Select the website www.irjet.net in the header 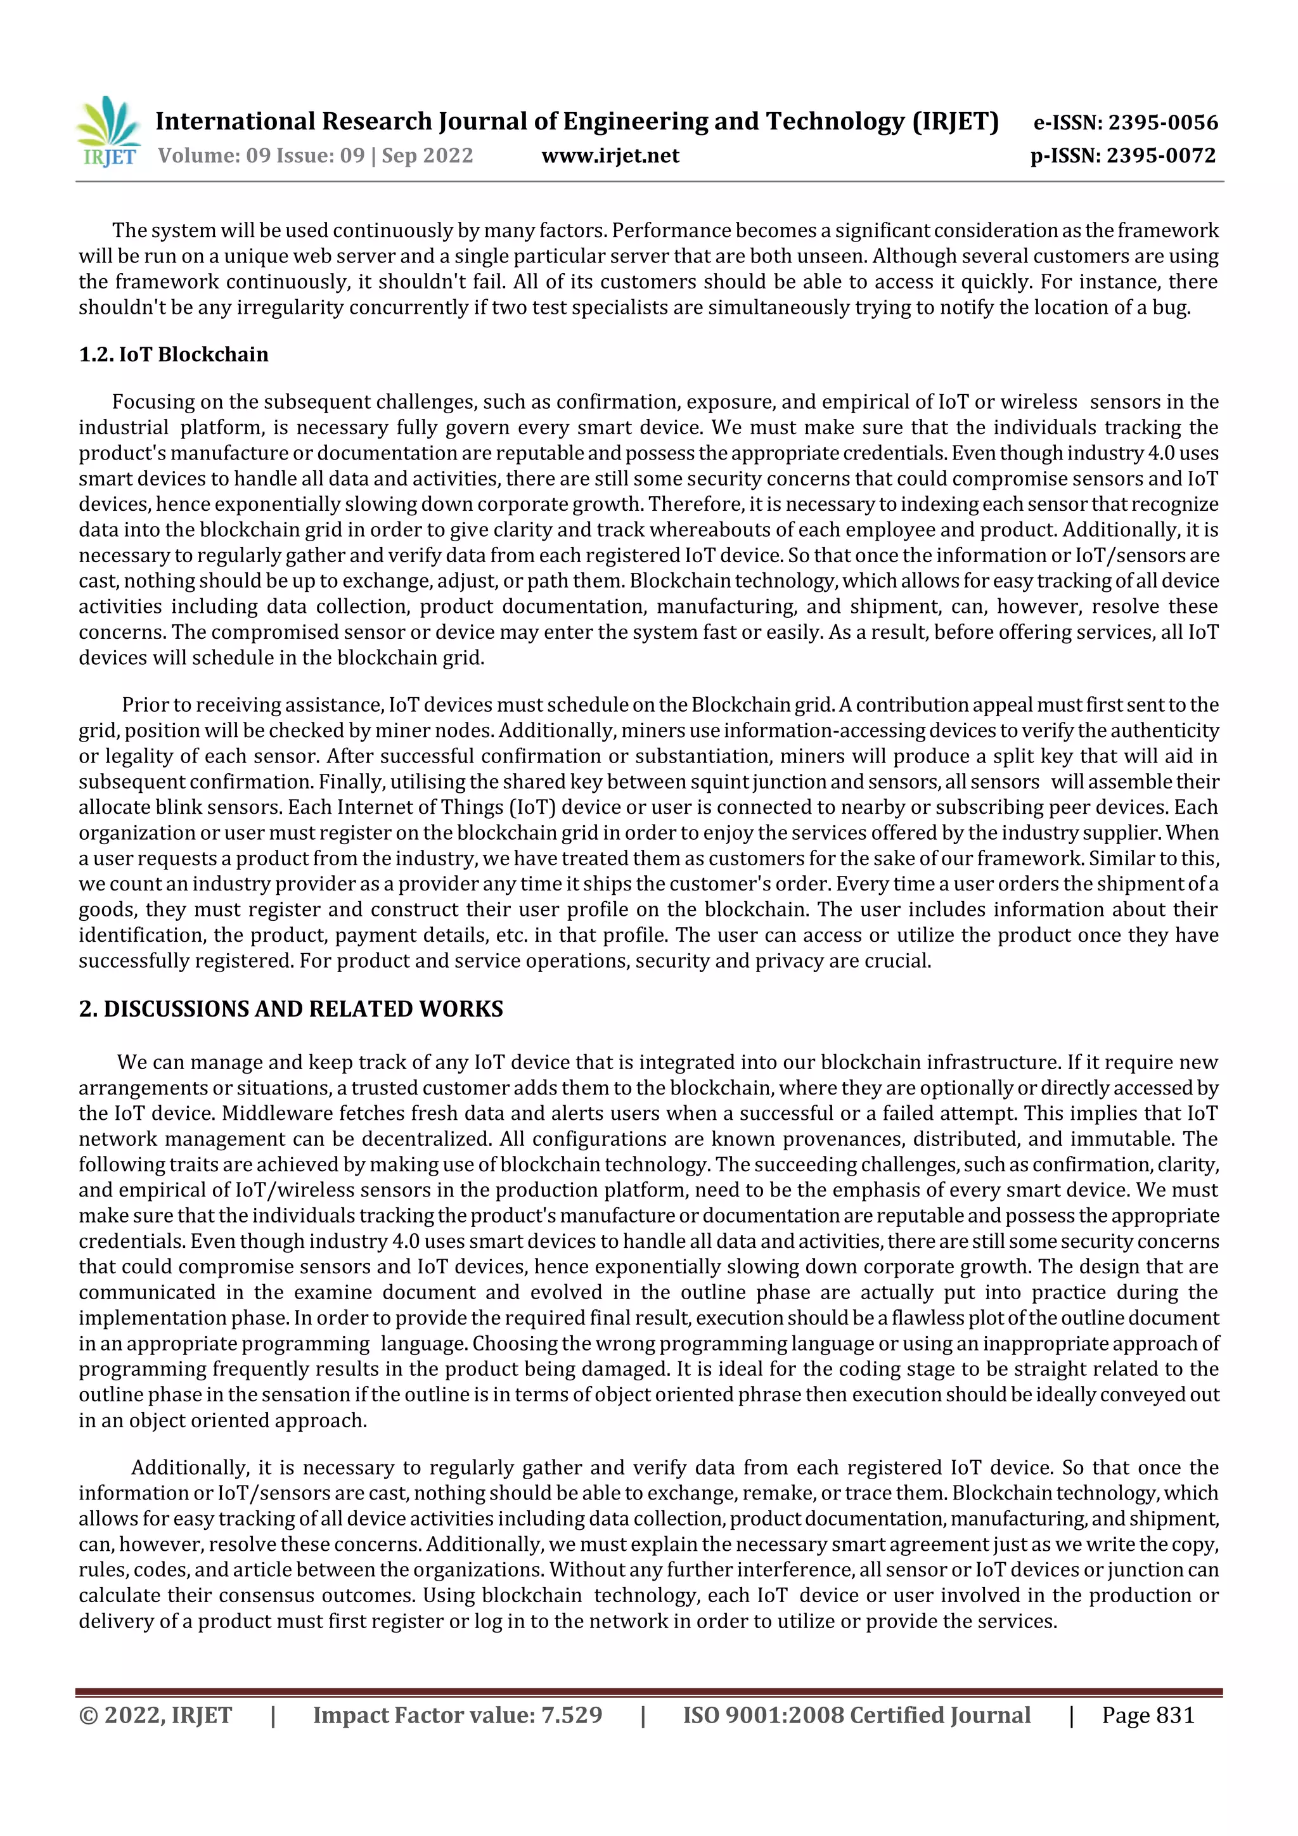pos(610,156)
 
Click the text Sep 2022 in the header pos(427,156)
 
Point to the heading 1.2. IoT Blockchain pos(174,354)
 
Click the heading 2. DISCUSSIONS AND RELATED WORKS pos(291,1008)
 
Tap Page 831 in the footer pos(1148,1714)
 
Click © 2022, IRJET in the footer pos(155,1714)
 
